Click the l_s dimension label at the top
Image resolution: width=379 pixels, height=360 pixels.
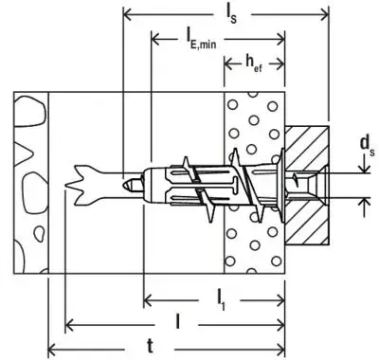pos(230,10)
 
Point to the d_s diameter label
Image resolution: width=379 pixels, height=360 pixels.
pos(364,144)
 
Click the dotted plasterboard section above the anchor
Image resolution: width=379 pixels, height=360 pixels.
pos(253,118)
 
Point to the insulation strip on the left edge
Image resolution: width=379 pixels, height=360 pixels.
pos(27,180)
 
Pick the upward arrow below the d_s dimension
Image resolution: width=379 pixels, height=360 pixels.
pos(363,200)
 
